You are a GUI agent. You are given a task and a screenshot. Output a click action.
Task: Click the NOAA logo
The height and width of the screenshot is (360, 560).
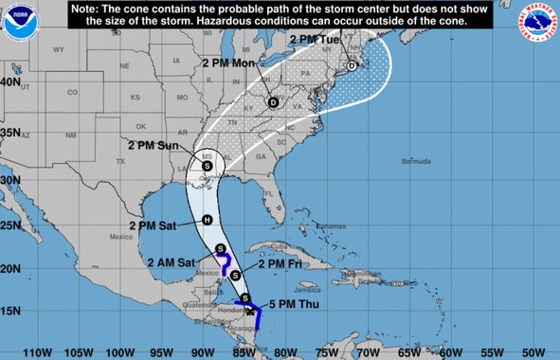[18, 20]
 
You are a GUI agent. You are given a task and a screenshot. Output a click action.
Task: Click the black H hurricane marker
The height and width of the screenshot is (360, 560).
[207, 220]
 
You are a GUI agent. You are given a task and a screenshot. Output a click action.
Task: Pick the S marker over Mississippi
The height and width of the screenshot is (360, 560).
[208, 165]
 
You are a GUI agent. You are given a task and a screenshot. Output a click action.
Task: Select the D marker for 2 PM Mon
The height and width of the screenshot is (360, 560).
[273, 102]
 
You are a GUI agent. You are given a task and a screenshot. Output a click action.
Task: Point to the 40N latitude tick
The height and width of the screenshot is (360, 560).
[10, 81]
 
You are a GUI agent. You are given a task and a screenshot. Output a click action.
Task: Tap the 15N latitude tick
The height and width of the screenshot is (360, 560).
[10, 311]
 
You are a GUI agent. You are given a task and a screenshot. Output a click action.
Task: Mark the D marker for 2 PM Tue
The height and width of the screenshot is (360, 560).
[352, 65]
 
